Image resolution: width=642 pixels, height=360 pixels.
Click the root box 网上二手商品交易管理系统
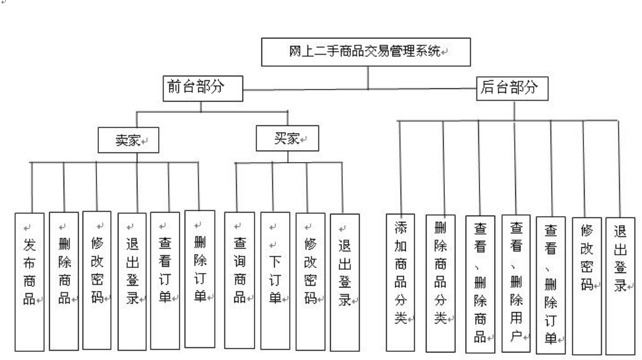366,51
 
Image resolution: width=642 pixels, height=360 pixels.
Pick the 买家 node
287,138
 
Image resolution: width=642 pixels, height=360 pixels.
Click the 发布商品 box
30,282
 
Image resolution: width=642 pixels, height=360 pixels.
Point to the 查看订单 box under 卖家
165,280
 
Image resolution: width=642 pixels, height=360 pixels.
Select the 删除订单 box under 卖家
200,277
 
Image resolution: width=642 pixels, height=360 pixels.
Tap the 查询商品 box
239,280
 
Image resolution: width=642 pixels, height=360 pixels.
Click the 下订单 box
275,280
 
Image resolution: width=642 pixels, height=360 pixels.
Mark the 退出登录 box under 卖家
132,280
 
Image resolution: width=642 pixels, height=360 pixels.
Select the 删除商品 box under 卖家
64,281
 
